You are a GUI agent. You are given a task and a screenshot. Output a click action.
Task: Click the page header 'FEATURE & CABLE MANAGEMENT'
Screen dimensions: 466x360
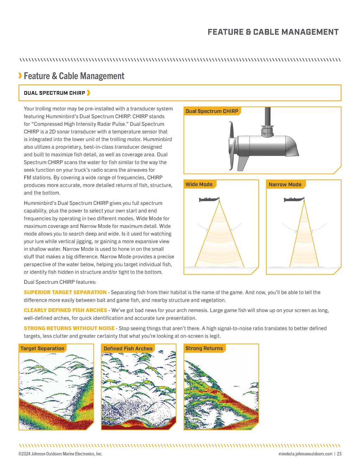click(x=273, y=32)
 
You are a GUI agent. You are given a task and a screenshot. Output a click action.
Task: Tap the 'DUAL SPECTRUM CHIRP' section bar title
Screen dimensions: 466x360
click(x=54, y=93)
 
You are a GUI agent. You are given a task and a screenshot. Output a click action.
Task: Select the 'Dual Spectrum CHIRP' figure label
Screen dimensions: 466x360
click(x=212, y=111)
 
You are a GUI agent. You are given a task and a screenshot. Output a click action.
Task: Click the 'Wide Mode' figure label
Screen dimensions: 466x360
click(x=199, y=185)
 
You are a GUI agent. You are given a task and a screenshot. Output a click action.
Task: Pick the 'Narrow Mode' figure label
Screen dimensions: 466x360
click(x=285, y=185)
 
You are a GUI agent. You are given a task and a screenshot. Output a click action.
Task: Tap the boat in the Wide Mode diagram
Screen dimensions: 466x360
click(x=209, y=200)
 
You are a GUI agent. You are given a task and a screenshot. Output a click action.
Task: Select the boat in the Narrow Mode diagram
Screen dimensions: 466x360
click(x=294, y=200)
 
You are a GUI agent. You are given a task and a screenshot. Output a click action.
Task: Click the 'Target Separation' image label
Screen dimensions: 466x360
click(x=42, y=349)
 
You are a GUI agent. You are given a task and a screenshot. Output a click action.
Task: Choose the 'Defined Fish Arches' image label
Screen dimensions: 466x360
click(x=128, y=349)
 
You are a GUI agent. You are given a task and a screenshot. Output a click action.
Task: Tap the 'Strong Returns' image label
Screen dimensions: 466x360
click(x=204, y=349)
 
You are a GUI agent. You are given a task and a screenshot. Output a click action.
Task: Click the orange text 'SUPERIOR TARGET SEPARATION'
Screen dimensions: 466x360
click(x=65, y=292)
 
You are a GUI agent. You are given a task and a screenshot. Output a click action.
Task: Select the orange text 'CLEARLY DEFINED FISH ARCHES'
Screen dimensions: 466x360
click(x=65, y=310)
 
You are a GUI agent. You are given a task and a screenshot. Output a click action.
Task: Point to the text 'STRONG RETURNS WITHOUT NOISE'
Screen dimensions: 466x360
click(x=69, y=328)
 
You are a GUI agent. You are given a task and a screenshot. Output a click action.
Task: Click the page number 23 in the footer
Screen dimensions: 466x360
click(x=339, y=454)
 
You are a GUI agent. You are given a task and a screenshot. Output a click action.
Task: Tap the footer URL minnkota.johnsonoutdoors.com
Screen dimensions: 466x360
click(x=305, y=454)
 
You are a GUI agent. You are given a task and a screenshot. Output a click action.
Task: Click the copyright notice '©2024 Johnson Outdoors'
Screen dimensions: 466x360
click(x=60, y=454)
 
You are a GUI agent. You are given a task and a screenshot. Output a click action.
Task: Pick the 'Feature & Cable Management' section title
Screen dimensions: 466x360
click(x=74, y=76)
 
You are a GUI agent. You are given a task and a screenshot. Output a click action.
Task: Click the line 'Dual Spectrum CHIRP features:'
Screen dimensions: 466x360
click(x=60, y=282)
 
